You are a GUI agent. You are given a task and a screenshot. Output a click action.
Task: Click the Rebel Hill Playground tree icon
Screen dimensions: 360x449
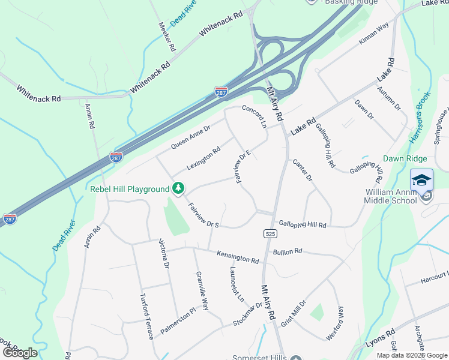[x=178, y=189]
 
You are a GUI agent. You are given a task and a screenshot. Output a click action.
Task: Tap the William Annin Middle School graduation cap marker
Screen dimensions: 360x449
[x=421, y=180]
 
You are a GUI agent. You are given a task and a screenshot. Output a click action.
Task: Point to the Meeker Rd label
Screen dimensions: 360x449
[x=166, y=36]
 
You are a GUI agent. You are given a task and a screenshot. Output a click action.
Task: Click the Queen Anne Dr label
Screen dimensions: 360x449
[x=191, y=137]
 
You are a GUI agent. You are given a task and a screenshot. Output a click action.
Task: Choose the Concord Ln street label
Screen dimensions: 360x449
[x=254, y=115]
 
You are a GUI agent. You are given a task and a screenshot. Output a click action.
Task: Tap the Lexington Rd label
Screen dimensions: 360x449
[x=203, y=158]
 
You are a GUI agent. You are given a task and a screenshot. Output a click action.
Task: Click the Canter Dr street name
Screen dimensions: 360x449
[x=303, y=170]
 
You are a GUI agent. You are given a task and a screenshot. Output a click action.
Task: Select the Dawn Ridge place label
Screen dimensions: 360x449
[x=405, y=158]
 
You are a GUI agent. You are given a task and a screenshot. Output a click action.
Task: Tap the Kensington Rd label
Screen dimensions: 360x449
[x=238, y=257]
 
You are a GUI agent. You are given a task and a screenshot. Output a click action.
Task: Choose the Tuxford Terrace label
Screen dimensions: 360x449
[x=147, y=316]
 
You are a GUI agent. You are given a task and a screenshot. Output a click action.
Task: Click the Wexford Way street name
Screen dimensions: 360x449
[x=335, y=323]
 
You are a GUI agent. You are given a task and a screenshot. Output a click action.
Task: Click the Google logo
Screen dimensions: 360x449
[x=19, y=352]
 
